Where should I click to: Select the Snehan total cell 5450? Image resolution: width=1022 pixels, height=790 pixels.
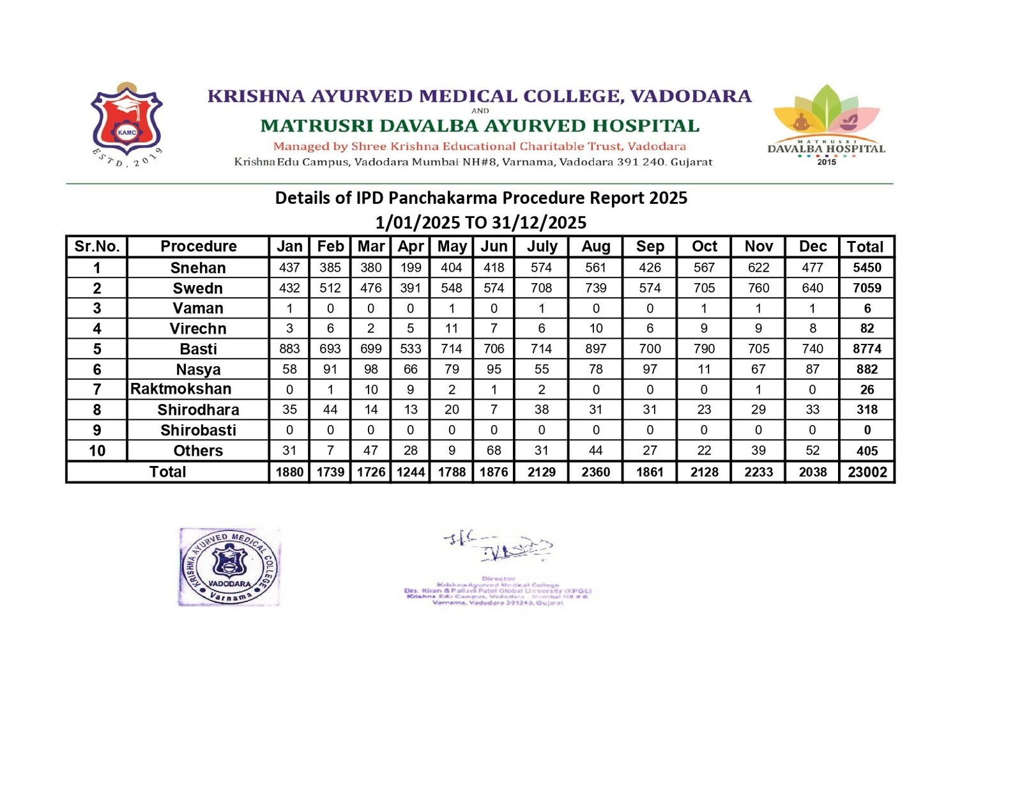tap(867, 267)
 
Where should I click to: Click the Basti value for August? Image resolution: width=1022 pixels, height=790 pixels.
tap(595, 348)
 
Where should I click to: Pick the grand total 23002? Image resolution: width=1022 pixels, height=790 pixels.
tap(867, 472)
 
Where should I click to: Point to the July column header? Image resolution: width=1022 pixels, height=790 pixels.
tap(542, 246)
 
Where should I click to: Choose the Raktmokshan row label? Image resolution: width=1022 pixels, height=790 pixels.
tap(181, 389)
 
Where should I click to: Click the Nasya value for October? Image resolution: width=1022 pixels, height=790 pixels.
tap(704, 369)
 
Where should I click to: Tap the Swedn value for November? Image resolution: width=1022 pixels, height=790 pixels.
tap(758, 288)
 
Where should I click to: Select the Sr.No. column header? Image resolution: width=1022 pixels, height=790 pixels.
tap(96, 246)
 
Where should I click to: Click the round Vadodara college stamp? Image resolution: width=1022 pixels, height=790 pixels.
tap(230, 567)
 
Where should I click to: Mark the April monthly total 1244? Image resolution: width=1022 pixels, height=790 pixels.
tap(410, 472)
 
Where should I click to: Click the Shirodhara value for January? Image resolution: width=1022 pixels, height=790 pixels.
tap(289, 409)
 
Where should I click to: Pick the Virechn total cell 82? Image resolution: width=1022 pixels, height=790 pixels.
tap(867, 328)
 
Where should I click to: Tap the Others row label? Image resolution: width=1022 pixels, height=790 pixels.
tap(198, 451)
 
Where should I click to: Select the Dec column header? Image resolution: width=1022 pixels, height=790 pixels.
tap(812, 246)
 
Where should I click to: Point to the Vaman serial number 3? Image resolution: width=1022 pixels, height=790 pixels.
tap(96, 308)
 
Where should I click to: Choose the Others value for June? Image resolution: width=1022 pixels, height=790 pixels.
tap(494, 450)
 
